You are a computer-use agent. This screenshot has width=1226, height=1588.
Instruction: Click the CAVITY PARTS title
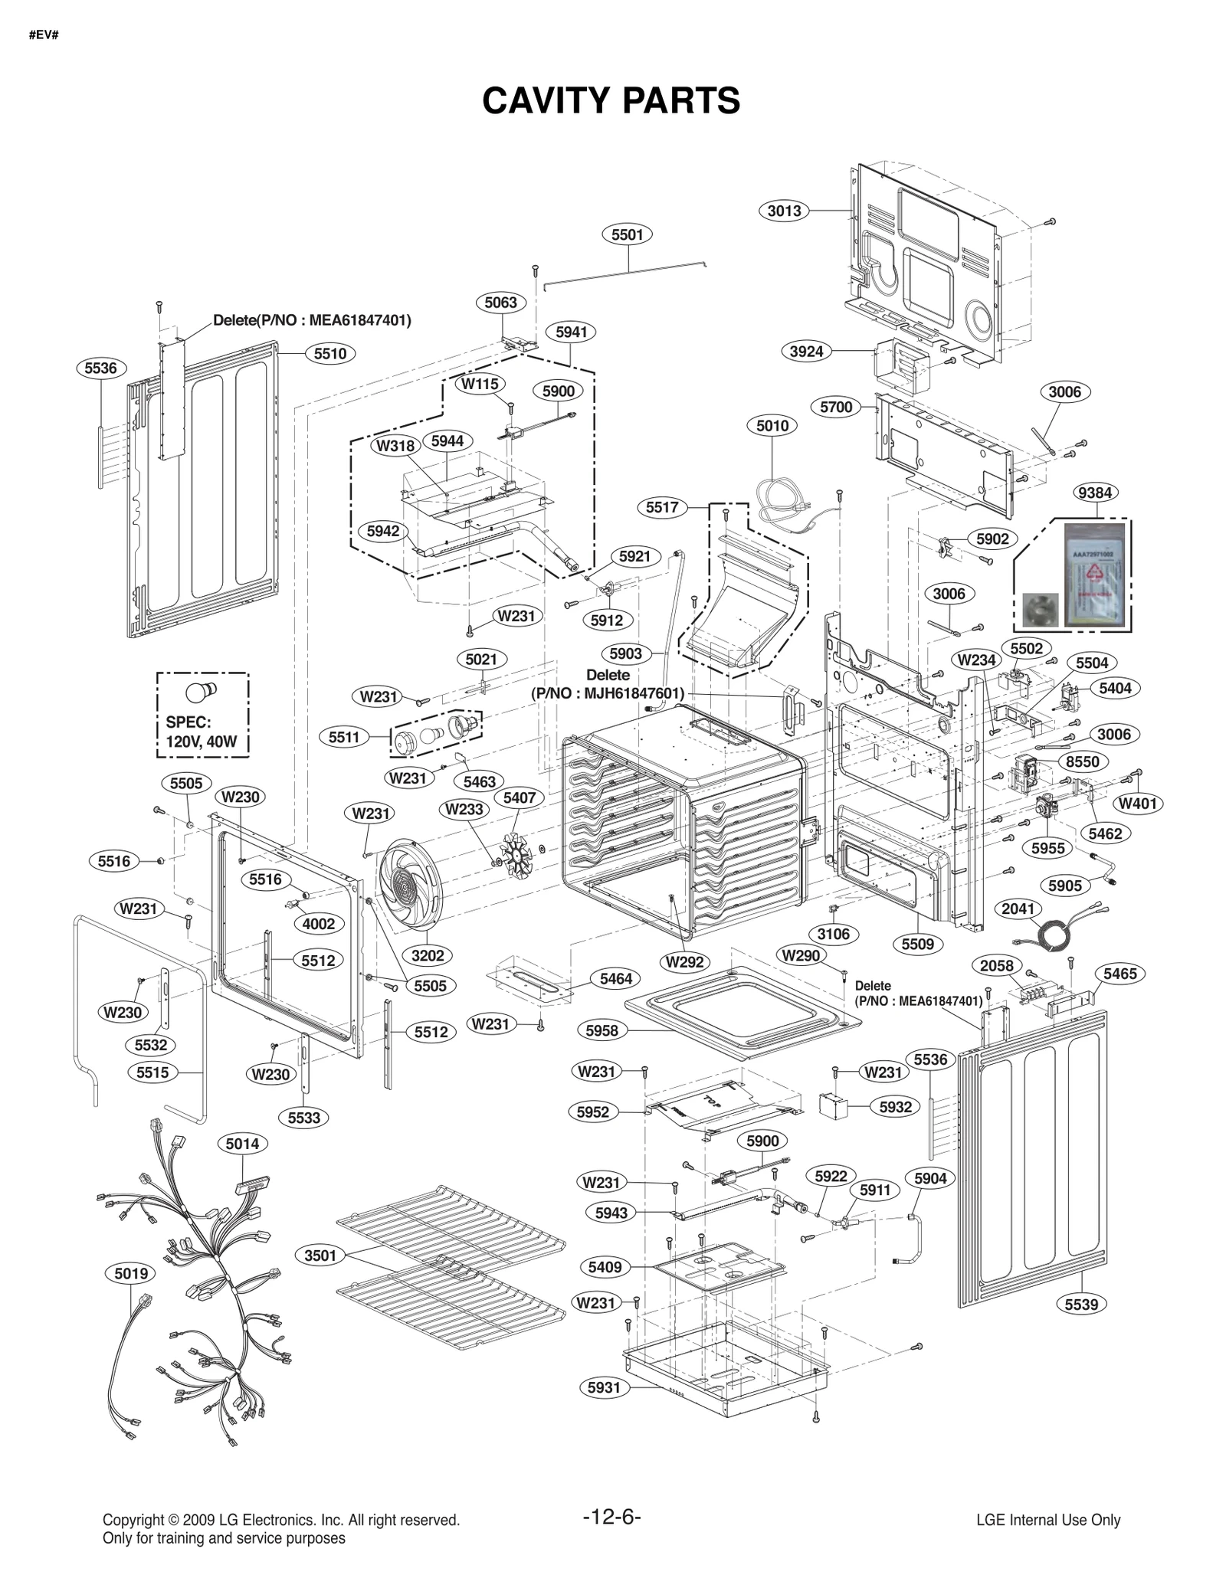pos(611,101)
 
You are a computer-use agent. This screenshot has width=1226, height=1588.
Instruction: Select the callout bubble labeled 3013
pos(784,210)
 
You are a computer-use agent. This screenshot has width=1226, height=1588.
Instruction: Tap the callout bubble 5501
pos(627,234)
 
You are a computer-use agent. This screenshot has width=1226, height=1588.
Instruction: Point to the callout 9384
pos(1095,493)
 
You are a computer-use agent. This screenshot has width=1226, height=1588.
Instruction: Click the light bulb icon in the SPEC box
pos(201,692)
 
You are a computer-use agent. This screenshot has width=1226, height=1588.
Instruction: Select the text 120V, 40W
pos(202,742)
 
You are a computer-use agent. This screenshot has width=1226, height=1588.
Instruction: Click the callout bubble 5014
pos(242,1144)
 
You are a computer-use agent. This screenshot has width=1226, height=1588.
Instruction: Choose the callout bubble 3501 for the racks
pos(320,1255)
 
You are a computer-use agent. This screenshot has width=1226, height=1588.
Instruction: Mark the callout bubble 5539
pos(1081,1304)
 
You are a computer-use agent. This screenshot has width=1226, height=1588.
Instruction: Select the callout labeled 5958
pos(602,1031)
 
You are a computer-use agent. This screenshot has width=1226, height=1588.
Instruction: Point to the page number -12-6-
pos(611,1516)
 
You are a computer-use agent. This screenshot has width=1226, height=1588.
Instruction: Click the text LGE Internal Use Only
pos(1048,1521)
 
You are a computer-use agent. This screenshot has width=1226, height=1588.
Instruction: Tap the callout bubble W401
pos(1137,804)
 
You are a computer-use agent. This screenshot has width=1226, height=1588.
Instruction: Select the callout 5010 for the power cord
pos(772,425)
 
